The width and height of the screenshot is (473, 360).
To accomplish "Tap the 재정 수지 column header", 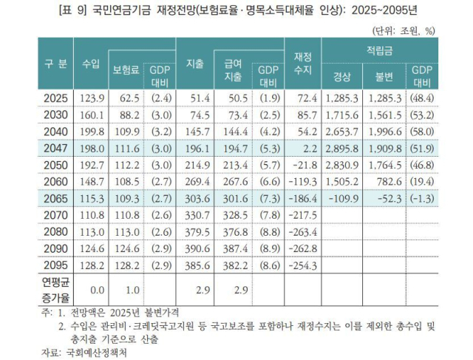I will point(302,64).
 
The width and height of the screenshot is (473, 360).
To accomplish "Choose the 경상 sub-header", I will point(341,76).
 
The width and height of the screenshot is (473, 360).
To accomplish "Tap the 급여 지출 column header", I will point(233,70).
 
